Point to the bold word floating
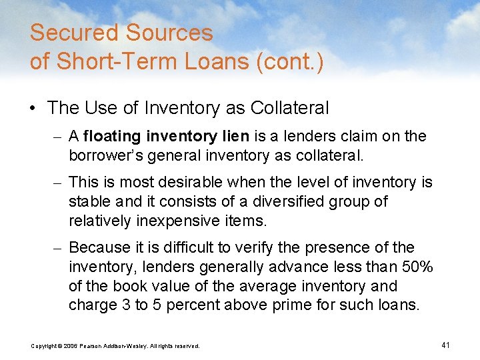click(x=112, y=137)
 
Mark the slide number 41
click(x=446, y=345)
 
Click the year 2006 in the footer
click(x=71, y=346)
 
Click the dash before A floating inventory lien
click(x=59, y=137)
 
